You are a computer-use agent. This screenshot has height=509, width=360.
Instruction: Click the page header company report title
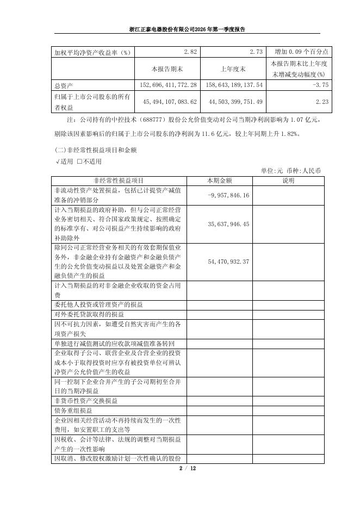(x=179, y=29)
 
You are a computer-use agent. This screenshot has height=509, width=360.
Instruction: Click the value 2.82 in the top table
(x=190, y=52)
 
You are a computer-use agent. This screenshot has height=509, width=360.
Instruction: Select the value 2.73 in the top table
(x=256, y=52)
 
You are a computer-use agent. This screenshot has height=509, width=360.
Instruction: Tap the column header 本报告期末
(x=167, y=69)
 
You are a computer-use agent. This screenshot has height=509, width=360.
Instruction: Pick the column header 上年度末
(x=234, y=69)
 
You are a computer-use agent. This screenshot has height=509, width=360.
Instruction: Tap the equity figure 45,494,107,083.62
(x=169, y=102)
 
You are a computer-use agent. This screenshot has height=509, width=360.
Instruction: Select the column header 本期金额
(x=219, y=181)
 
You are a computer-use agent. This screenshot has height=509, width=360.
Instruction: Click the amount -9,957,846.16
(x=228, y=195)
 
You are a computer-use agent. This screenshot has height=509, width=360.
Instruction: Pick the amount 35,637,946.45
(x=228, y=224)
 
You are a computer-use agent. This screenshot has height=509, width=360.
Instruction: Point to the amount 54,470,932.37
(x=228, y=262)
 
